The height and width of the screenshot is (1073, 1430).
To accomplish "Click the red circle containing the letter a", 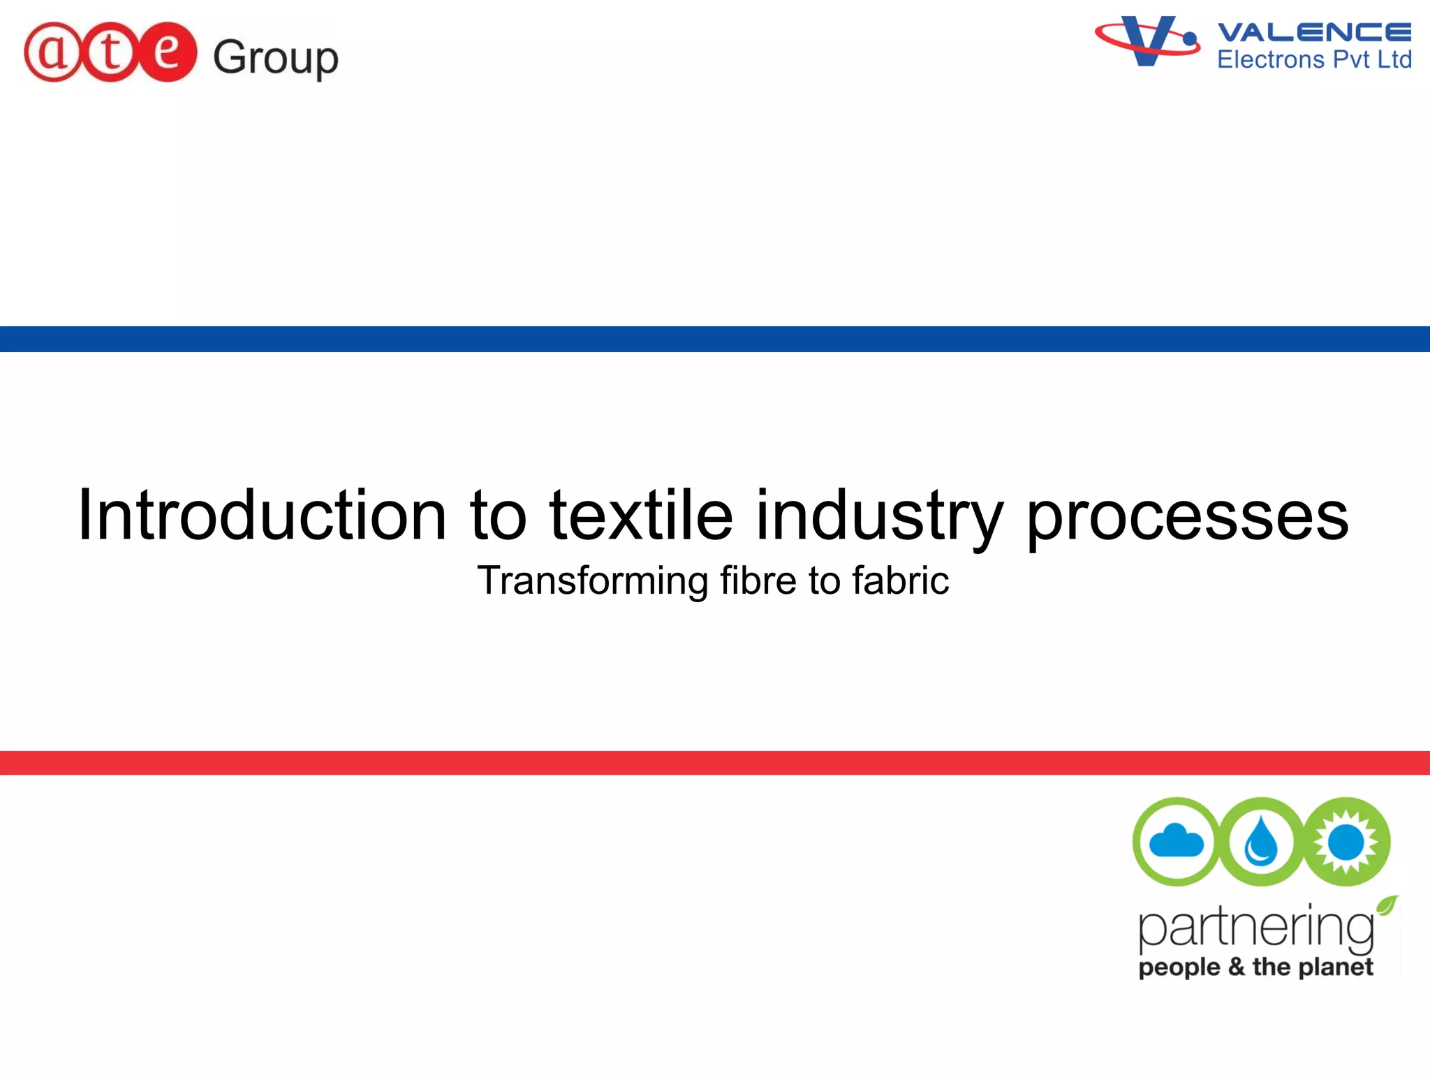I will pos(53,53).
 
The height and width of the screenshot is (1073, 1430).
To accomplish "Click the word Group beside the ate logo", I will pos(275,57).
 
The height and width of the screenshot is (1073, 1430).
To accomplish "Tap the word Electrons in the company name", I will pos(1271,60).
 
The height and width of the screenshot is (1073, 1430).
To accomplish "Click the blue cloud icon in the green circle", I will pos(1177,841).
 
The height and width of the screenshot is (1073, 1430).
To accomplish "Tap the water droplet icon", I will pos(1261,841).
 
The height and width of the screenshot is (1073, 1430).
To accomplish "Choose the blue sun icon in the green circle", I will pos(1346,841).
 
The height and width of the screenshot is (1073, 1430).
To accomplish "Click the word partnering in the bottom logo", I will pos(1255,929).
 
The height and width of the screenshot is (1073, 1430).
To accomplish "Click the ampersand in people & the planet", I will pos(1236,967).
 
